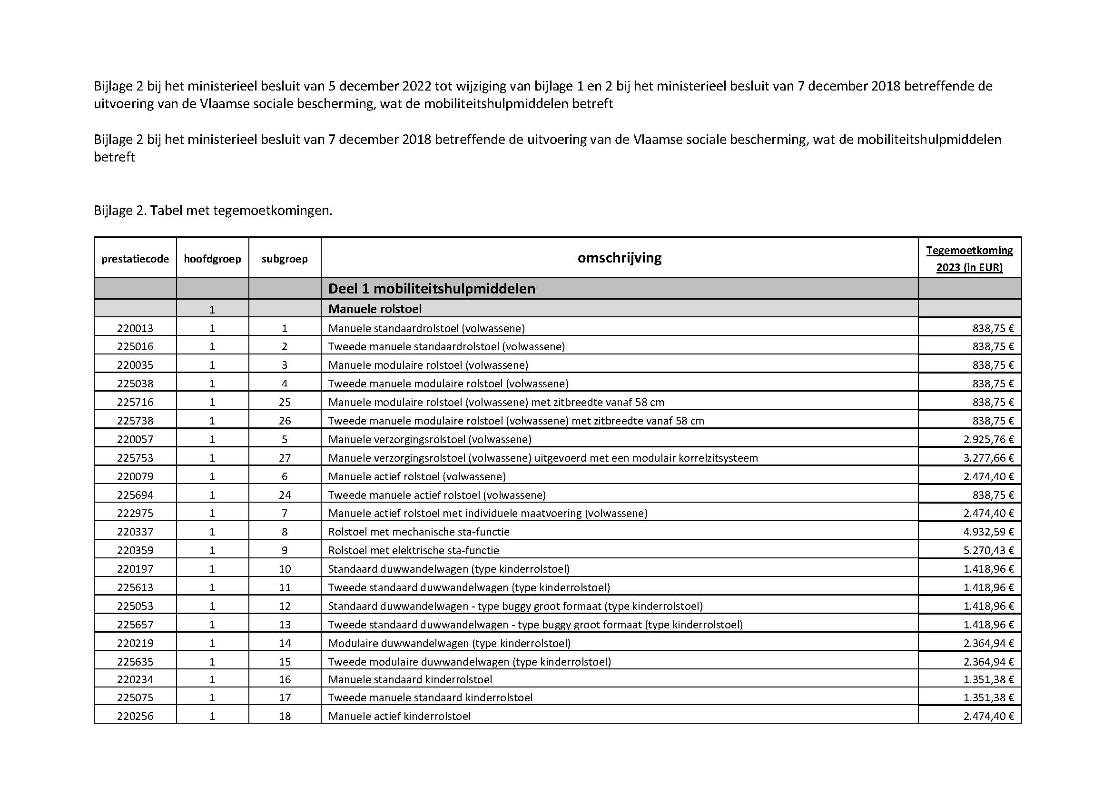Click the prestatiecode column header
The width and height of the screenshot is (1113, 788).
point(135,259)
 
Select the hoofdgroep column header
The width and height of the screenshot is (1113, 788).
point(212,259)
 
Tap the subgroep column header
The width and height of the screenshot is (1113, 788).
point(285,259)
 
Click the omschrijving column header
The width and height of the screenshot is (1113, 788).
point(619,258)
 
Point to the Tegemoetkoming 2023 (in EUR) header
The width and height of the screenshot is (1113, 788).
point(969,259)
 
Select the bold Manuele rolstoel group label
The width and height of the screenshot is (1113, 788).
point(374,309)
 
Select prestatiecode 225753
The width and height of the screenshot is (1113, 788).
point(135,457)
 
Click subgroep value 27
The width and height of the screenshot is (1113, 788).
point(285,457)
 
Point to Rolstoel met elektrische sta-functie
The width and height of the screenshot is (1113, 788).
point(414,550)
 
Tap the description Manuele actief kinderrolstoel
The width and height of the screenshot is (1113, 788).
point(399,716)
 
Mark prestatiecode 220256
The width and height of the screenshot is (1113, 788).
point(135,716)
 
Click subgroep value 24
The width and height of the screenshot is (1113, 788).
point(285,495)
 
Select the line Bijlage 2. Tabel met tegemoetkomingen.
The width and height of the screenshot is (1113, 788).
point(213,211)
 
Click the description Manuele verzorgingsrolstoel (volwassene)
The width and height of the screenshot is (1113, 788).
point(430,439)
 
